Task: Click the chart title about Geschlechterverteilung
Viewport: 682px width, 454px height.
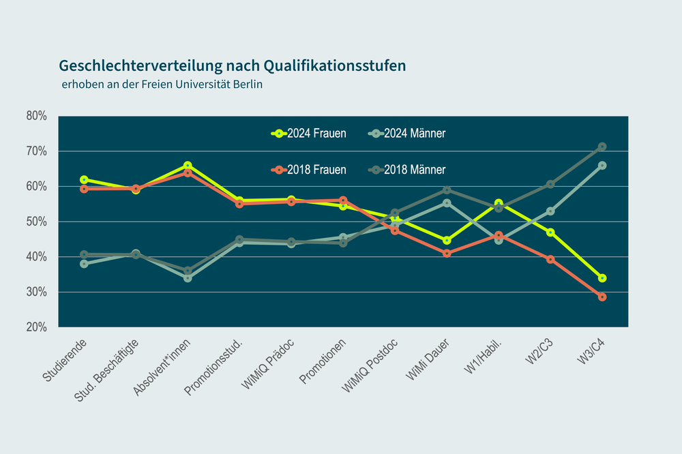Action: pyautogui.click(x=232, y=65)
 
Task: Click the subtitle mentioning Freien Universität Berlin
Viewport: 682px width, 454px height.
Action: pyautogui.click(x=162, y=85)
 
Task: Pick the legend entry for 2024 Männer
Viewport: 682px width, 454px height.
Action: pyautogui.click(x=406, y=134)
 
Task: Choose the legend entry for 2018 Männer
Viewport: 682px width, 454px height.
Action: pyautogui.click(x=406, y=170)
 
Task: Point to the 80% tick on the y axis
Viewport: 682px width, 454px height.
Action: pyautogui.click(x=36, y=116)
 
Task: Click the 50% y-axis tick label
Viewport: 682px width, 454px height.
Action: pyautogui.click(x=36, y=222)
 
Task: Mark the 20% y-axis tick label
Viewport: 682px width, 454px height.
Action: pyautogui.click(x=36, y=327)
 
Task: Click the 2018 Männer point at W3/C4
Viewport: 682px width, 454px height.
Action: pyautogui.click(x=602, y=147)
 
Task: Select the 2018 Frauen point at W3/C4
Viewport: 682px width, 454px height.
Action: pyautogui.click(x=602, y=297)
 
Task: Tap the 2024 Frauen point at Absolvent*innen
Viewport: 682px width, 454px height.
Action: pyautogui.click(x=188, y=166)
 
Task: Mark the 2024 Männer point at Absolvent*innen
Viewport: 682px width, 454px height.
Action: pyautogui.click(x=188, y=278)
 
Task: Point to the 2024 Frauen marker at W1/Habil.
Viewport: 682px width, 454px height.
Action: pyautogui.click(x=499, y=203)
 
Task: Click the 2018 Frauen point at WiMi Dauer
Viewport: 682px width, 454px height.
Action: pyautogui.click(x=447, y=254)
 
